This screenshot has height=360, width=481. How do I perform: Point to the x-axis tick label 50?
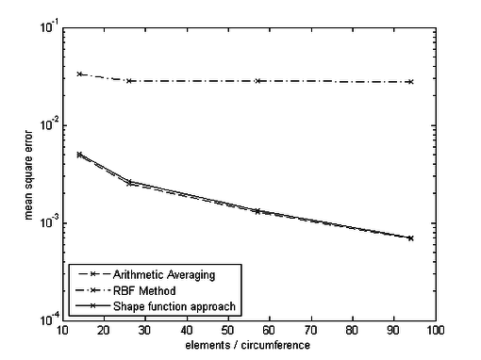pos(228,331)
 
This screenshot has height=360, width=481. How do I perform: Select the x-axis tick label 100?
pos(436,331)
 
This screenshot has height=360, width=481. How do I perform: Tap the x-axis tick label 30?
pos(145,331)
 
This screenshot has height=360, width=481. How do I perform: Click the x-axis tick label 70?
pos(311,331)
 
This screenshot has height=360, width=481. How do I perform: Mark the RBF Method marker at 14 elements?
pos(79,74)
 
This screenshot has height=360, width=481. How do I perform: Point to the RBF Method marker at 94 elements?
pos(411,82)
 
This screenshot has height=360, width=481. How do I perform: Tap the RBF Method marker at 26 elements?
pos(129,81)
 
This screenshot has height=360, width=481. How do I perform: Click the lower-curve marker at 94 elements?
pos(411,238)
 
